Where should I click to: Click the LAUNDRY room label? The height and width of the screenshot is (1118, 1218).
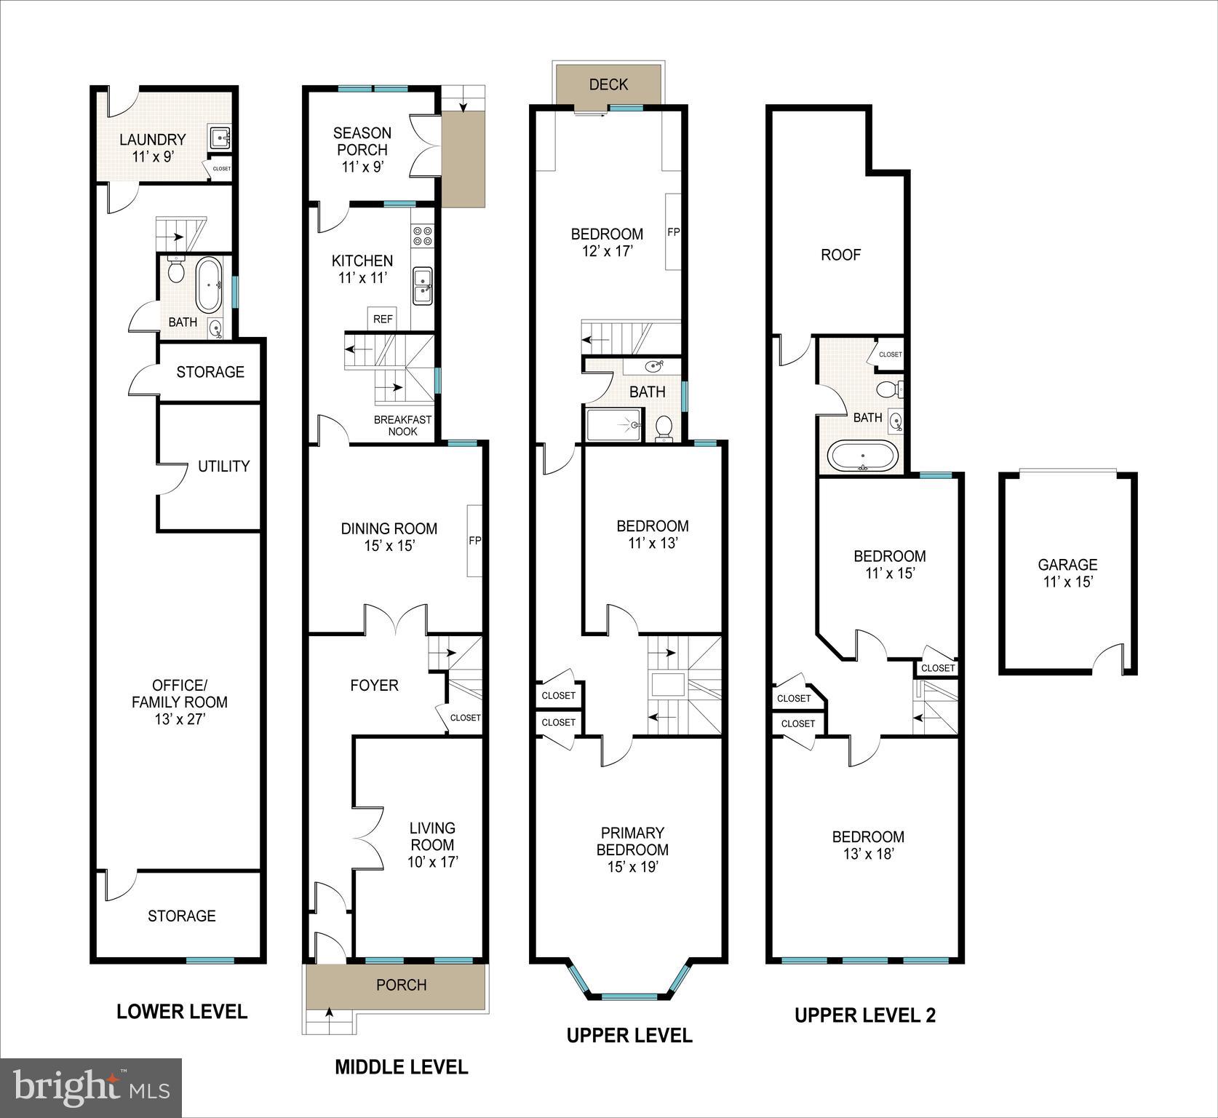[152, 139]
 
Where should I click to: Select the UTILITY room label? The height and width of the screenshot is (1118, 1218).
[223, 466]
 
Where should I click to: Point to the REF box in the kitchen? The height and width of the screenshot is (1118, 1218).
[383, 319]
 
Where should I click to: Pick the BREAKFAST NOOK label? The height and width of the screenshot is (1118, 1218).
[402, 425]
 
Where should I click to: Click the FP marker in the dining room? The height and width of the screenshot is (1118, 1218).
[474, 541]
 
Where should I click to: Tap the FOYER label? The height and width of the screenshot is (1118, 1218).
[374, 685]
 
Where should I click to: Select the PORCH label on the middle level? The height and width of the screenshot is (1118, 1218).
[401, 985]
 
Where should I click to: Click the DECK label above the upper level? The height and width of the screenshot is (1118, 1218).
[608, 84]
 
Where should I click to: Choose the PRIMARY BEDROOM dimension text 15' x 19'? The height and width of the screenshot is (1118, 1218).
[632, 867]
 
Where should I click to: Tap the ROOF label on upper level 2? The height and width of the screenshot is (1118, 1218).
[840, 255]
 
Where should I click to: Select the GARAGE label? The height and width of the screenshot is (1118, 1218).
[1067, 564]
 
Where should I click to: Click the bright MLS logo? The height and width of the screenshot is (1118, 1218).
[91, 1088]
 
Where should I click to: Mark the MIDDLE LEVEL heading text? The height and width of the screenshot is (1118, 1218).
[401, 1067]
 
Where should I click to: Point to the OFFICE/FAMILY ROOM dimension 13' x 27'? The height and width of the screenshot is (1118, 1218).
[180, 719]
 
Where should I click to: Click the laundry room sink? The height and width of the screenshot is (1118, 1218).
[219, 135]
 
